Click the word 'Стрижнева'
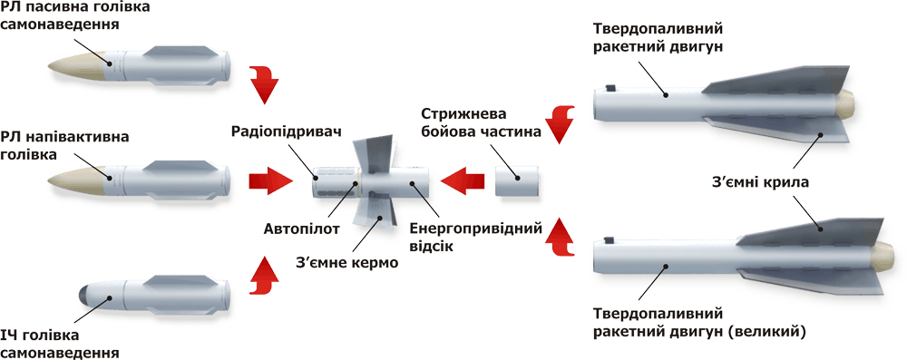tap(463, 112)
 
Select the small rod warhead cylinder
tap(517, 181)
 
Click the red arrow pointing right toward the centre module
tap(271, 181)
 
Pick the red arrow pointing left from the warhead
tap(463, 181)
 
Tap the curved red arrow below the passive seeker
tap(264, 84)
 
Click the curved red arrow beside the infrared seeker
tap(264, 277)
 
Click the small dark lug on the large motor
tap(608, 239)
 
